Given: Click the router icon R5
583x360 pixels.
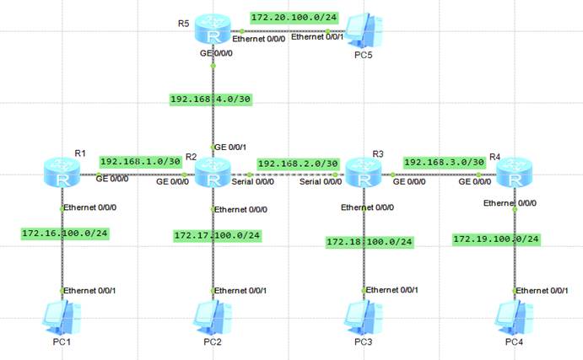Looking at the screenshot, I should (213, 30).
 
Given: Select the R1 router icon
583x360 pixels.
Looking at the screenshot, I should (62, 176).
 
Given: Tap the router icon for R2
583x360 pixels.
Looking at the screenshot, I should (213, 176).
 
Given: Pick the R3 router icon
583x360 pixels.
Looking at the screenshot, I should (364, 176).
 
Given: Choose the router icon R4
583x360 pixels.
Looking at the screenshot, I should (514, 176).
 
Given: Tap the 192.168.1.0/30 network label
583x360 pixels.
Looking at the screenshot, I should (140, 161).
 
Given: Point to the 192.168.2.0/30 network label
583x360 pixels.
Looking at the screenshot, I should (298, 164).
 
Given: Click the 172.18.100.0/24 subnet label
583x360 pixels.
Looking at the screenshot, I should (369, 242).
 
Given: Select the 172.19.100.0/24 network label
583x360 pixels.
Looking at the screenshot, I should (496, 239).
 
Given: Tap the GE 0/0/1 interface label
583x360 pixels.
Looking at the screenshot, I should (232, 145).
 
